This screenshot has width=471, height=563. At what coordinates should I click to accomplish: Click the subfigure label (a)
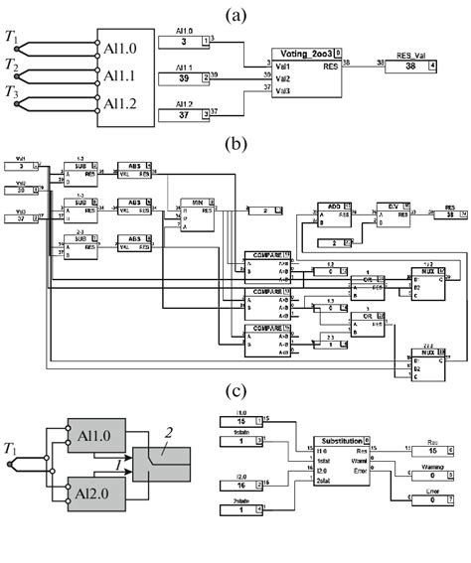click(x=235, y=13)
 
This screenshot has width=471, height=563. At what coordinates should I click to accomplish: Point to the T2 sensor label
click(x=11, y=66)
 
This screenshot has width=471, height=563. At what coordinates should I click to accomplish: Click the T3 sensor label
click(x=11, y=94)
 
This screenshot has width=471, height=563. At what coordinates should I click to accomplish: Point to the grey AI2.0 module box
click(x=95, y=490)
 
